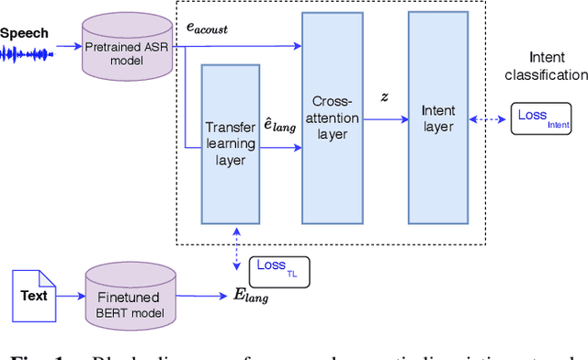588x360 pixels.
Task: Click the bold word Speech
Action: (x=25, y=33)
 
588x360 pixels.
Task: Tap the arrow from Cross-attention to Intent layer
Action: (x=383, y=118)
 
